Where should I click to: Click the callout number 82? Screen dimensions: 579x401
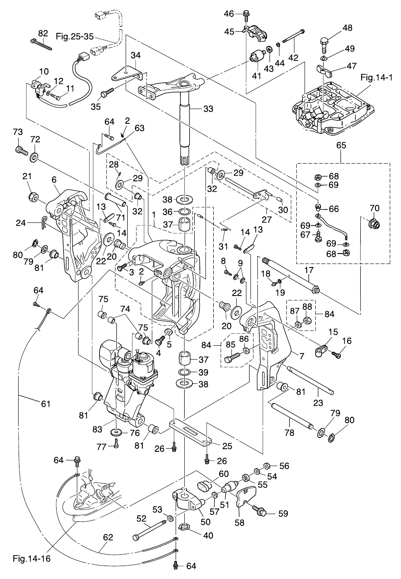click(43, 33)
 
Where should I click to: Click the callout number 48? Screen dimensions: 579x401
click(347, 28)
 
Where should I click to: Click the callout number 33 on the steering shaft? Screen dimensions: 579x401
click(208, 109)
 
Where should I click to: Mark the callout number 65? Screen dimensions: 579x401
click(341, 146)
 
